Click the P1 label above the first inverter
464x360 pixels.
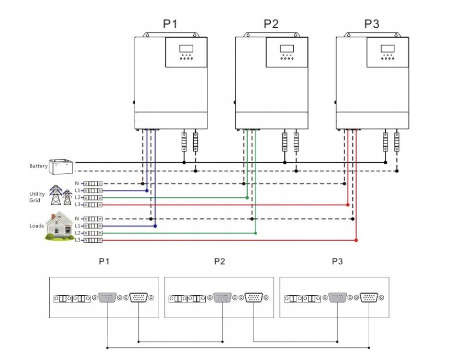point(170,24)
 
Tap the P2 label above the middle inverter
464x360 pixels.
point(271,24)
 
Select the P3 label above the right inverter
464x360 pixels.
point(372,24)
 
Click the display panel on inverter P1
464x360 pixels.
point(186,52)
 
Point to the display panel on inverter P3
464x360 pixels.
point(388,52)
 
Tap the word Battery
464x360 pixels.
point(38,166)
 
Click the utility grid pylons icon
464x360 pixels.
point(60,195)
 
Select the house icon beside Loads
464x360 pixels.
point(58,227)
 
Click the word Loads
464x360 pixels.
point(37,226)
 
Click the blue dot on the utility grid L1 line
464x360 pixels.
point(147,191)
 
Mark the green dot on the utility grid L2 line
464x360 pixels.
point(247,198)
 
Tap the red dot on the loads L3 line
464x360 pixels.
point(356,240)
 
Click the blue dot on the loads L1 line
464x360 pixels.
point(156,226)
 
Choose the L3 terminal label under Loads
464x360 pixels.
point(78,240)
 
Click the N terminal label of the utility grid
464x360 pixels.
point(77,184)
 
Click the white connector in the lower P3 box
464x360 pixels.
point(369,298)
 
